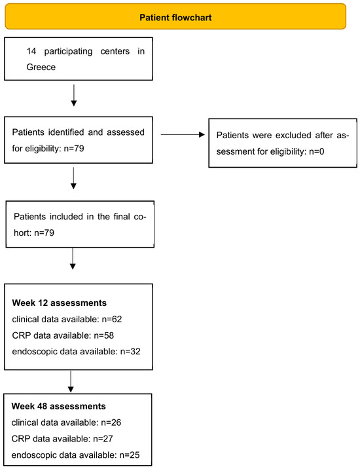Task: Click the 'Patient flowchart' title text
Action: [175, 17]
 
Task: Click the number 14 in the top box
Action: [31, 51]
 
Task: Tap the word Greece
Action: [41, 67]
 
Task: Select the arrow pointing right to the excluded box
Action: [183, 134]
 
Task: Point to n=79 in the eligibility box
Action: [74, 148]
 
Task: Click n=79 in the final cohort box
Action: [45, 233]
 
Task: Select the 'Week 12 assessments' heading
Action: [59, 303]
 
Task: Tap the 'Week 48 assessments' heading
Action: [59, 406]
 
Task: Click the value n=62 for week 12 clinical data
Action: [112, 319]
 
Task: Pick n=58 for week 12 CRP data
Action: [104, 335]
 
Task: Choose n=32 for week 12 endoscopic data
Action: [130, 352]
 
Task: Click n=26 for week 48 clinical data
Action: [111, 422]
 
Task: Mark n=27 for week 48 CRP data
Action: [103, 439]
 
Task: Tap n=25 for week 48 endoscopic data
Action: [130, 455]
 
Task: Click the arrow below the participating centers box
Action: [74, 96]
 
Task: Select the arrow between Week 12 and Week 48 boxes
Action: [71, 381]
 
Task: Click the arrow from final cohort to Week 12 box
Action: [73, 259]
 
